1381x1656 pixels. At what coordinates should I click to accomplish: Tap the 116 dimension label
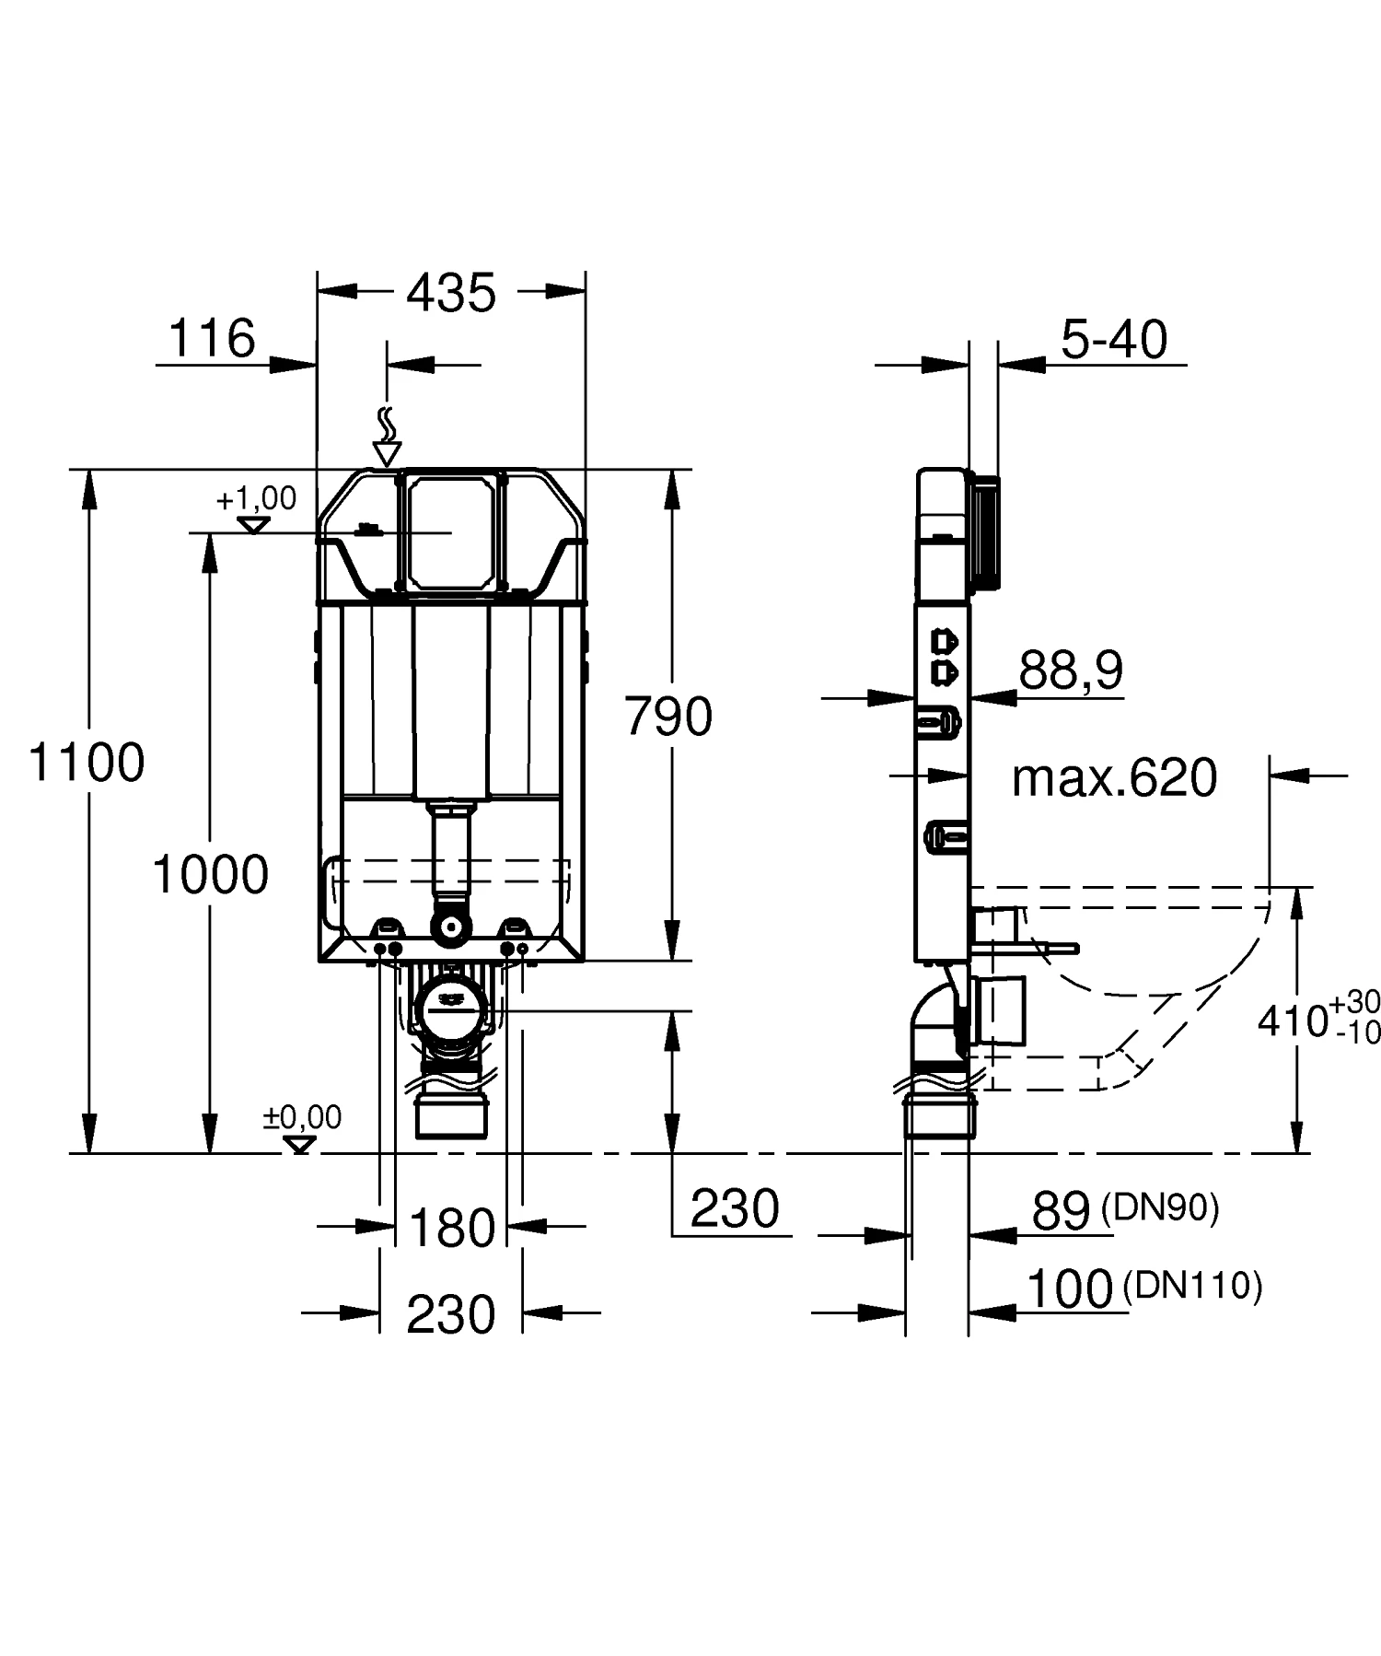click(x=213, y=338)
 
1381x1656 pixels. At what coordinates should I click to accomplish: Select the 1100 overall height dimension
click(x=87, y=763)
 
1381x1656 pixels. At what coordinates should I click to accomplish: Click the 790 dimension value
click(x=668, y=717)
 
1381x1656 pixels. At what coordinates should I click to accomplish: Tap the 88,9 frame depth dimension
click(x=1071, y=670)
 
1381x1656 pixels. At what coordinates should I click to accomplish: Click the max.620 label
click(x=1114, y=778)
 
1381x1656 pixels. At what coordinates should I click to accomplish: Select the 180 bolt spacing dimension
click(x=451, y=1228)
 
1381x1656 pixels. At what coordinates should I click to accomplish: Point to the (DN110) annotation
click(x=1193, y=1285)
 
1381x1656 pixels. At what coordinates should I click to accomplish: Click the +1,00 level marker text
click(x=256, y=499)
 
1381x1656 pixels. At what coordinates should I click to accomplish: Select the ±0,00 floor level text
click(x=302, y=1117)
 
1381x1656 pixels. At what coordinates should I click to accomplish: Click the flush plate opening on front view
click(x=451, y=531)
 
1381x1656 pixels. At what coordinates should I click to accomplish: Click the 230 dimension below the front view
click(x=451, y=1314)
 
